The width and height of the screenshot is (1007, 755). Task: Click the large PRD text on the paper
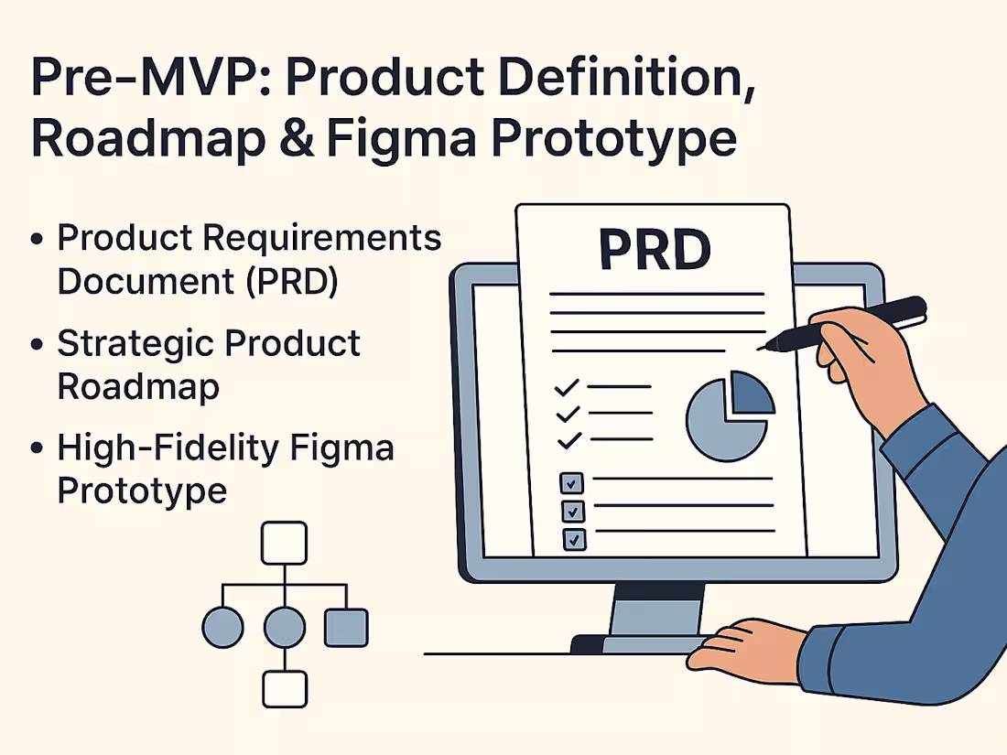tap(655, 248)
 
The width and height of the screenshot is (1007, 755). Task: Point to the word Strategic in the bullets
tap(135, 344)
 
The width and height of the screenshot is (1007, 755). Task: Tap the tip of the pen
tap(761, 347)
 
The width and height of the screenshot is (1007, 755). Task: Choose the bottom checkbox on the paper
tap(573, 539)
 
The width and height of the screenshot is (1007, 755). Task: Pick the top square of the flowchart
tap(284, 544)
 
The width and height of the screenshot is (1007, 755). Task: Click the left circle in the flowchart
tap(222, 628)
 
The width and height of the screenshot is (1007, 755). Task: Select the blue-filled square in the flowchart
tap(346, 628)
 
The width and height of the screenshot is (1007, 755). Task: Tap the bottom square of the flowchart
tap(284, 688)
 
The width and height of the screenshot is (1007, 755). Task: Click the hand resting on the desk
tap(742, 646)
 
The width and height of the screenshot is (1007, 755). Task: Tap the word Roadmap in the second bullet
tap(138, 387)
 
